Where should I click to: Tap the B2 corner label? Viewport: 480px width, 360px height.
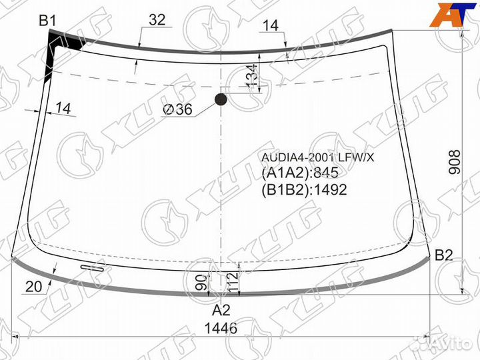444,255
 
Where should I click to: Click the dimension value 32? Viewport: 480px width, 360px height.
157,21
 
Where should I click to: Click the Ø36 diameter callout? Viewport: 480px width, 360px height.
177,109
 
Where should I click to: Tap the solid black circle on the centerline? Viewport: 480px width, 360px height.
221,100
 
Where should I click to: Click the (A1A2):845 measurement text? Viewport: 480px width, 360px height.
301,173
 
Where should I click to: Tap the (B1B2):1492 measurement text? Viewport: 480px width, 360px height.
304,189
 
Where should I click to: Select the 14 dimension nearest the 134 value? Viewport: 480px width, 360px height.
270,25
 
